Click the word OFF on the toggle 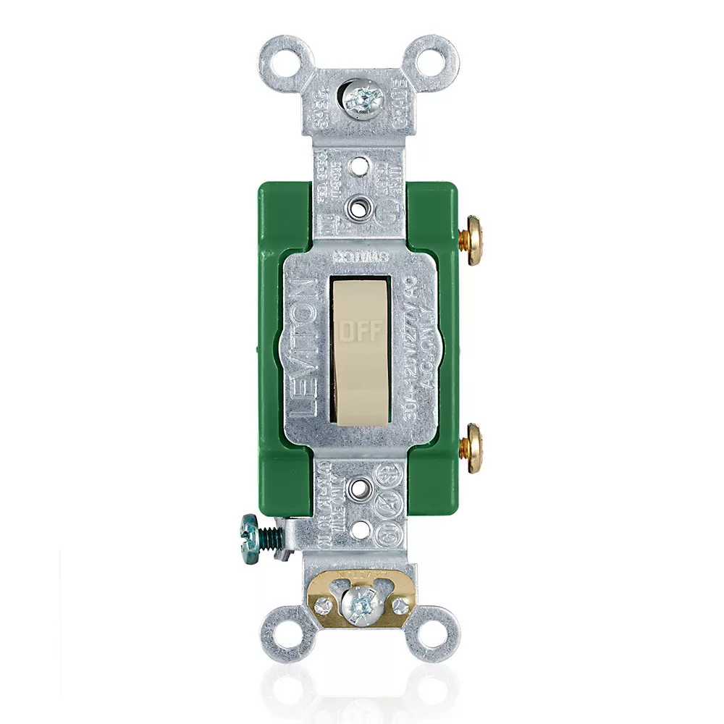358,331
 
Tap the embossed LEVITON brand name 307,348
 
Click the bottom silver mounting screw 359,603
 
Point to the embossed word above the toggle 359,256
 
